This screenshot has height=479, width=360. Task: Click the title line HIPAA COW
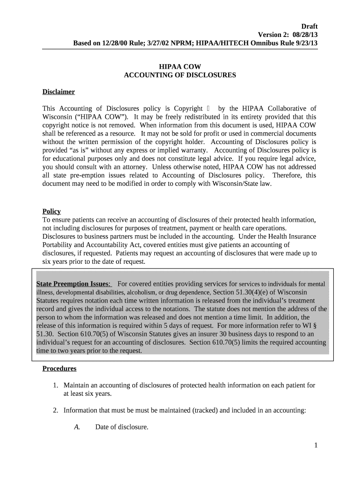(x=180, y=67)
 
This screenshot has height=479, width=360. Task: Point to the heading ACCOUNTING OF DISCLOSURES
(x=180, y=75)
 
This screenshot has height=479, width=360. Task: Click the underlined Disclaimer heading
(x=58, y=92)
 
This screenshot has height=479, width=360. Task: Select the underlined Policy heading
(x=51, y=211)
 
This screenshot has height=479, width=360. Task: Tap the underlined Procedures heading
(x=59, y=369)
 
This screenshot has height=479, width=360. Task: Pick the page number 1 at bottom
(x=316, y=445)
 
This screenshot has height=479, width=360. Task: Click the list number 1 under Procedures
(x=55, y=385)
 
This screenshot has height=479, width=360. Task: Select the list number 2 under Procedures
(x=55, y=411)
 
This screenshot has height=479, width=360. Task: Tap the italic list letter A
(x=77, y=427)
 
